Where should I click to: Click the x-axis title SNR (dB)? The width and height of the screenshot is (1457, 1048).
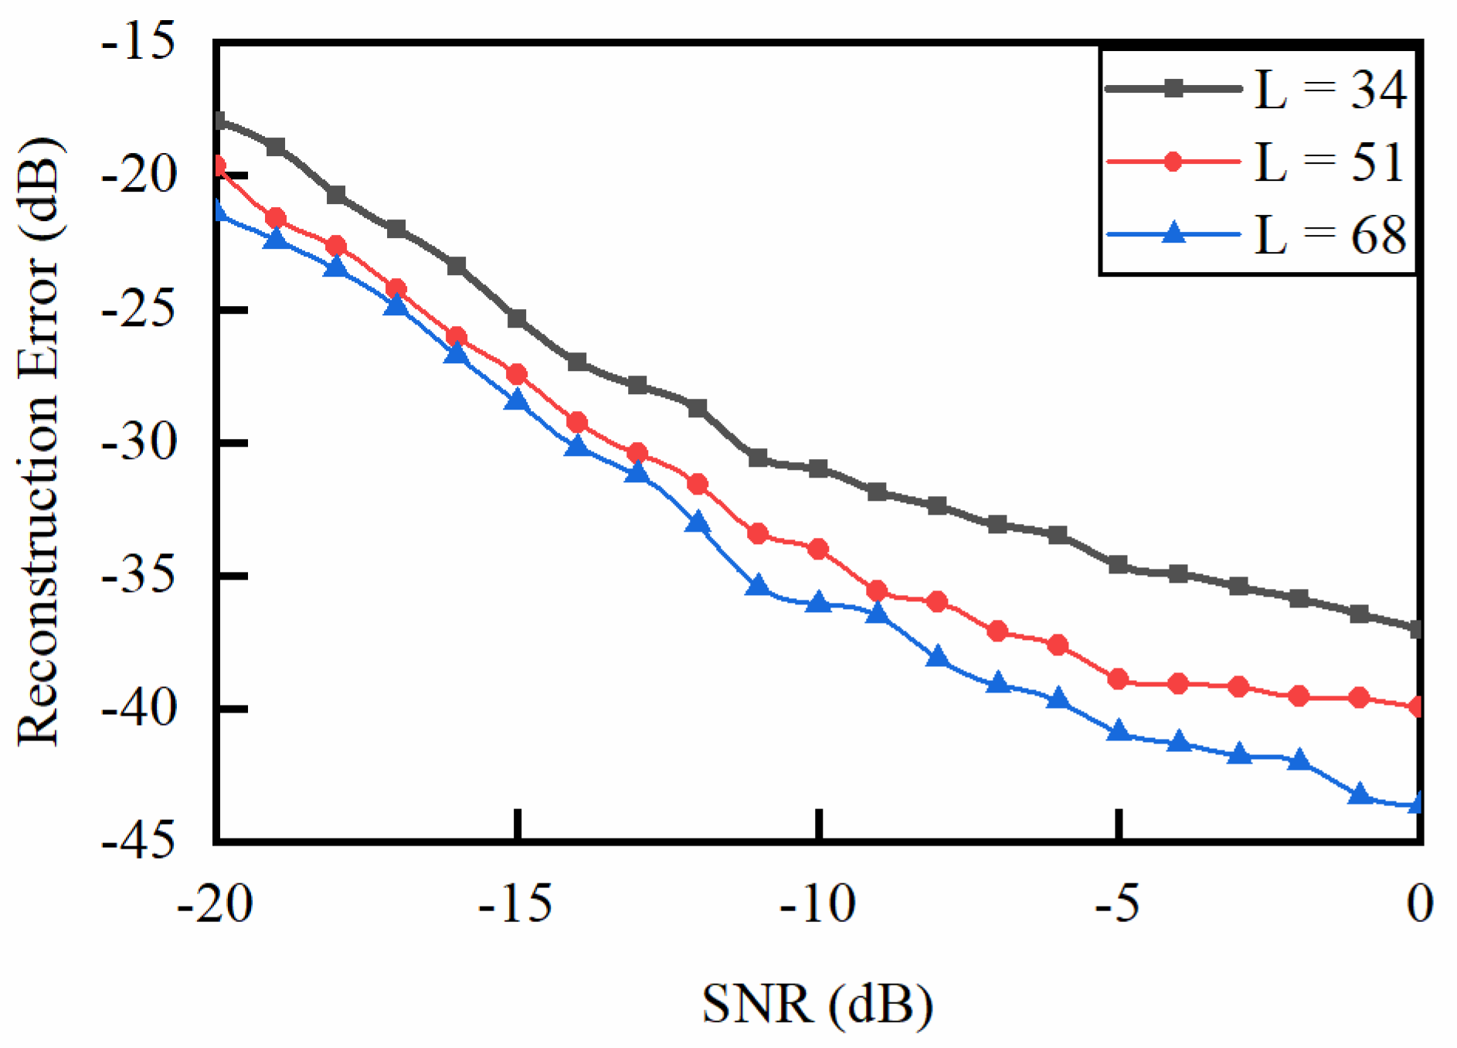pos(817,1004)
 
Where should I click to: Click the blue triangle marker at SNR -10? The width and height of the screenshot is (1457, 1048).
pos(818,602)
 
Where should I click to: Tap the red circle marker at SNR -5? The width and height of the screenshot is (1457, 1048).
pos(1118,679)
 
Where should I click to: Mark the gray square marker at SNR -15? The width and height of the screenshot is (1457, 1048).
pos(517,318)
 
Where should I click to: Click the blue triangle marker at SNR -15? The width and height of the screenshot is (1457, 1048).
pos(517,400)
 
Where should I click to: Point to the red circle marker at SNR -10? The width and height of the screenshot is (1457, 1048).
pos(818,550)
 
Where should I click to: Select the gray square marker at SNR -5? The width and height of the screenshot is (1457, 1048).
pos(1118,565)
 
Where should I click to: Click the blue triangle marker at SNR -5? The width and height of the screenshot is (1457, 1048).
pos(1118,731)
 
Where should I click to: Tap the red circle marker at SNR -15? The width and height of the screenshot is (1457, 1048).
pos(517,375)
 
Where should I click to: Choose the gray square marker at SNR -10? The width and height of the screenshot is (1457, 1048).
pos(818,468)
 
